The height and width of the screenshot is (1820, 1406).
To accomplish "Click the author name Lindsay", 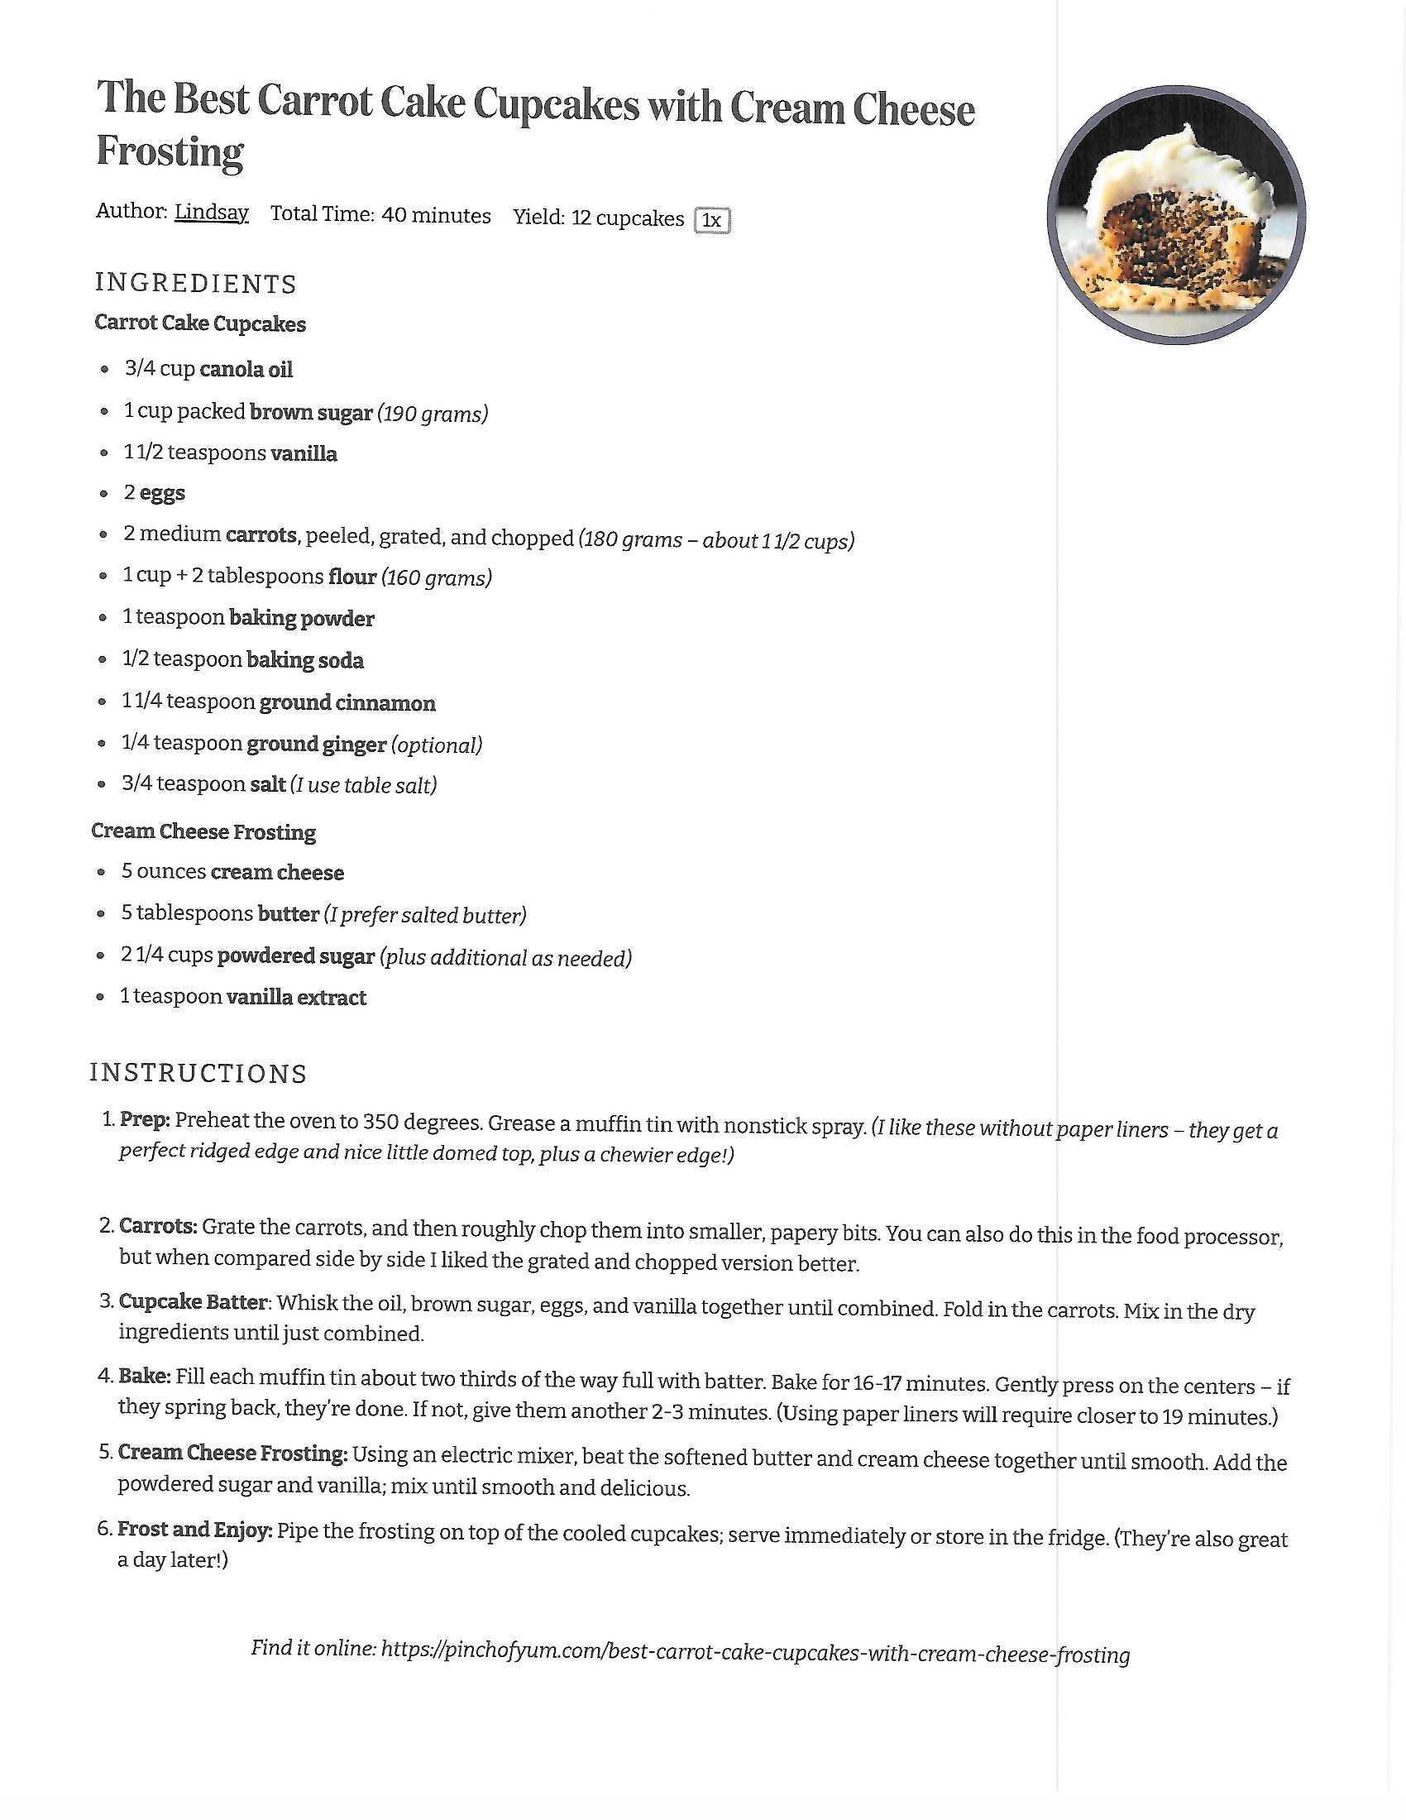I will coord(211,213).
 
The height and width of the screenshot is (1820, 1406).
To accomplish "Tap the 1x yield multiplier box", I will coord(711,220).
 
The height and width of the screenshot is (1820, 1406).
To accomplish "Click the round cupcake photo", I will coord(1175,215).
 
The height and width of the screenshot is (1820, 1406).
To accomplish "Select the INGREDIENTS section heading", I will coord(196,283).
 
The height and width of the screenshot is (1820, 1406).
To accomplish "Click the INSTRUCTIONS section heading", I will coord(198,1073).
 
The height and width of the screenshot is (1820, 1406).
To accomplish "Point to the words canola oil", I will coord(246,369).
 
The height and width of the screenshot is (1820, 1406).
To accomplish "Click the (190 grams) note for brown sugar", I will coord(433,414).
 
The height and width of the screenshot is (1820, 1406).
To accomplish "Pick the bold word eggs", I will coord(162,493).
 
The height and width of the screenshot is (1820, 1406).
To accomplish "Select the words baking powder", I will coord(302,618).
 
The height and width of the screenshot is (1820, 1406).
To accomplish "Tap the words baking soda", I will coord(305,660).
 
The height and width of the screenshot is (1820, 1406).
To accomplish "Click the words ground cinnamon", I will coord(347,702).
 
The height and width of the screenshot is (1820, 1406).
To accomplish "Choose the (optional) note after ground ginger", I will coord(437,745).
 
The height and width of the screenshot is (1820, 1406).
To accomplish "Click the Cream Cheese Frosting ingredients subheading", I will coord(203,831).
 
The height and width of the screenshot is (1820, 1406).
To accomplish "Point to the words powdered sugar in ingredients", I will coord(296,955).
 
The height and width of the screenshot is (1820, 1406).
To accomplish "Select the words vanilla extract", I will coord(296,998).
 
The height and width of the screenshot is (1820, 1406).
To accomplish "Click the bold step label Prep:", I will coord(145,1119).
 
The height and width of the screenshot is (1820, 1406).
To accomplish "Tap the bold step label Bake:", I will coord(144,1376).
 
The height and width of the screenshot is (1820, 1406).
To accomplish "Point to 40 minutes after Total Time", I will coord(437,215).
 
